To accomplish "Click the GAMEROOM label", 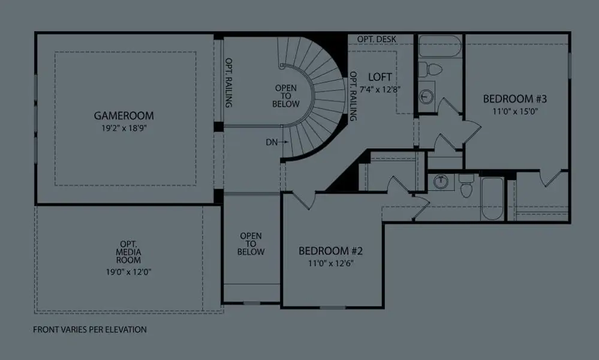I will pyautogui.click(x=124, y=115).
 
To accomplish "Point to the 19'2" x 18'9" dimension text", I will pyautogui.click(x=124, y=128).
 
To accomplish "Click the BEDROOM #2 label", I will pyautogui.click(x=331, y=250).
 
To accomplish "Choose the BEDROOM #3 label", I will pyautogui.click(x=516, y=98).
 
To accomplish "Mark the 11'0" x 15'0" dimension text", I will pyautogui.click(x=516, y=111).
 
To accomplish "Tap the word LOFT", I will pyautogui.click(x=380, y=77).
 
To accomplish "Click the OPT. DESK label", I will pyautogui.click(x=377, y=40).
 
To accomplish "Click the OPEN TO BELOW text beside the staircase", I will pyautogui.click(x=286, y=95).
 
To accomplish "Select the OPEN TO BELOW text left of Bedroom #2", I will pyautogui.click(x=251, y=244).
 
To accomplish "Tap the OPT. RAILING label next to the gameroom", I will pyautogui.click(x=228, y=83).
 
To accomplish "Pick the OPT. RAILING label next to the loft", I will pyautogui.click(x=353, y=96).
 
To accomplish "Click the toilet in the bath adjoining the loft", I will pyautogui.click(x=429, y=70).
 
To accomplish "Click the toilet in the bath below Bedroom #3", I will pyautogui.click(x=466, y=187).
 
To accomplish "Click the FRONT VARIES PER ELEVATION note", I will pyautogui.click(x=90, y=329).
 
